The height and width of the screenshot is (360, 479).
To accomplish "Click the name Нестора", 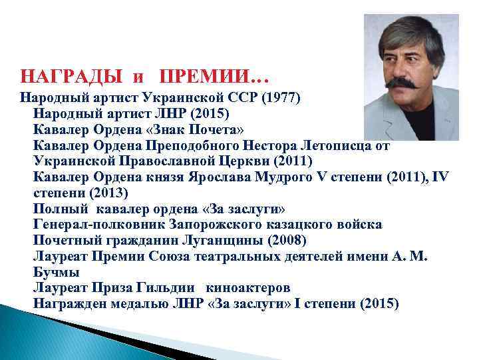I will click(272, 143).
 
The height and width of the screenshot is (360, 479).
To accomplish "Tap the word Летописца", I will click(339, 143).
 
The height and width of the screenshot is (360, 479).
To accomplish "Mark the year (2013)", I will click(108, 191).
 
